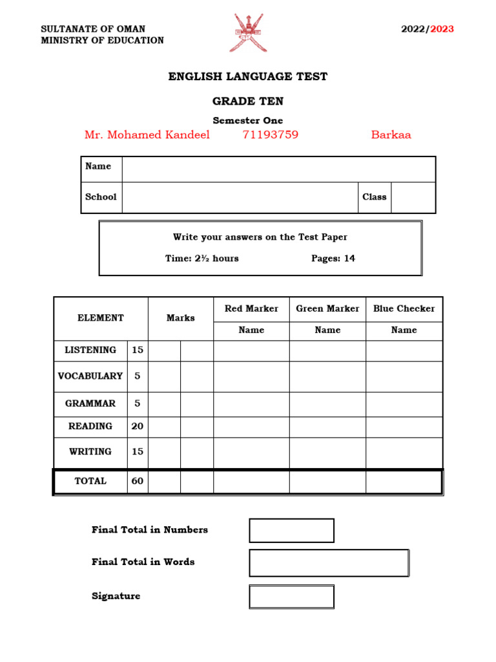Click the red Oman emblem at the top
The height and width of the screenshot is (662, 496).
pos(248,33)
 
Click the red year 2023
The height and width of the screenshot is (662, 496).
pos(442,29)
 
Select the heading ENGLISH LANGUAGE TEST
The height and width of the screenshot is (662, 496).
pos(248,77)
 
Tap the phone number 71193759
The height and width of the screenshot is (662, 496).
pos(270,135)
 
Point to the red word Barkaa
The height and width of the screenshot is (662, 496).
pos(391,135)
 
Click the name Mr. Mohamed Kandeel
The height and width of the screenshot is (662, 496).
pos(147,135)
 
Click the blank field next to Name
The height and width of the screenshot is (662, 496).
pos(278,169)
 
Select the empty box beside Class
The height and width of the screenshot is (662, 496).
pos(413,197)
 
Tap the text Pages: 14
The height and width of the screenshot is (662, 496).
pos(333,259)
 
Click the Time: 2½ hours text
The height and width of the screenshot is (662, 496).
pos(201,259)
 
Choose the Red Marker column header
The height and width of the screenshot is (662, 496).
pos(251,308)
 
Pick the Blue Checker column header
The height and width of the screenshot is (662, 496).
pos(404,308)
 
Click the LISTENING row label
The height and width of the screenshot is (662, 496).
pos(90,350)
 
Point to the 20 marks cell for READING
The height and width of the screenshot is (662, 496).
pos(138,427)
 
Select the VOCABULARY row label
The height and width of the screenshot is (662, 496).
pos(90,376)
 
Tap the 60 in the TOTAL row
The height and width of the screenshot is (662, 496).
pos(138,482)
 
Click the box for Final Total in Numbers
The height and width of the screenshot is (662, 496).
pos(291,530)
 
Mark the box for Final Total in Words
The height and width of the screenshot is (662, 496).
pos(329,562)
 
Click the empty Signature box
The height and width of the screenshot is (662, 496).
pos(291,596)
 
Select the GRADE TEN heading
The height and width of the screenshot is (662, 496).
pos(248,101)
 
